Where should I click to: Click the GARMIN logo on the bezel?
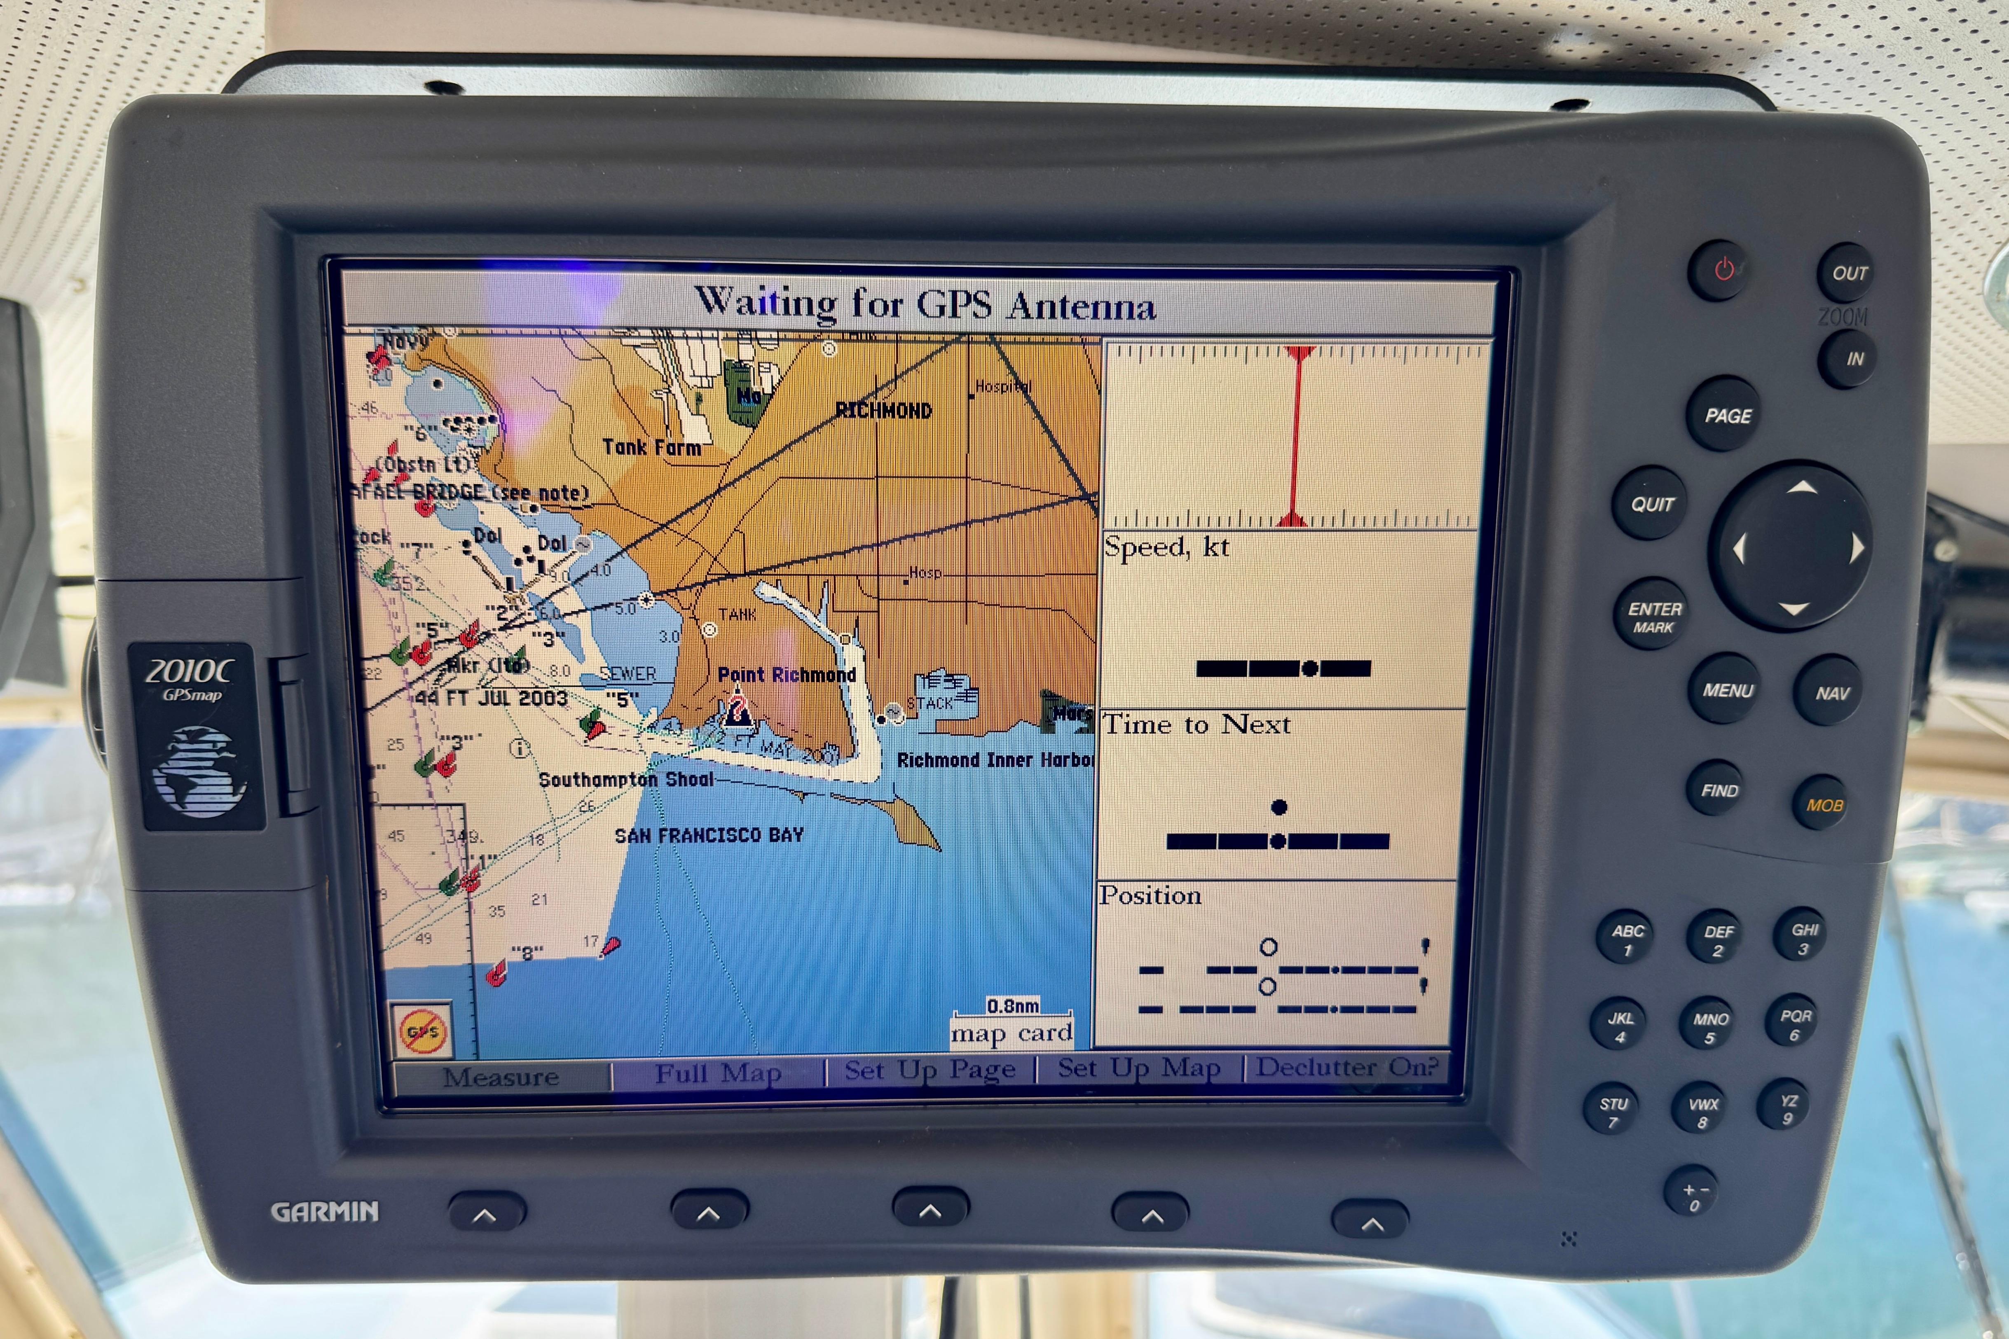click(x=325, y=1211)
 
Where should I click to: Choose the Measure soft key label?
click(x=501, y=1077)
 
